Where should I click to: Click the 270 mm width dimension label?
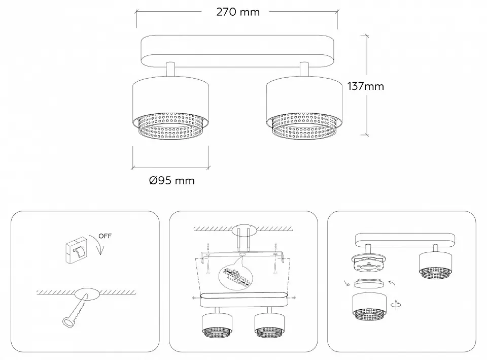[238, 12]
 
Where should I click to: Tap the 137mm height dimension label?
[366, 86]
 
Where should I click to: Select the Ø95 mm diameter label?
[172, 180]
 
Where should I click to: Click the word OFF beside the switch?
[105, 236]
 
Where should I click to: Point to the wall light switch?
[77, 250]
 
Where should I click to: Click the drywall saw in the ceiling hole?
[76, 309]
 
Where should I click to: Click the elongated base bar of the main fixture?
[237, 51]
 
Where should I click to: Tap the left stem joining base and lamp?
[170, 69]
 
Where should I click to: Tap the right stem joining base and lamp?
[304, 69]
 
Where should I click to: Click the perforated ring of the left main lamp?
[170, 126]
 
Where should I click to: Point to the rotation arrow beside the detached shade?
[396, 305]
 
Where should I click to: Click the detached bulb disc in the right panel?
[369, 283]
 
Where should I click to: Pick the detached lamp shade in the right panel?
[370, 306]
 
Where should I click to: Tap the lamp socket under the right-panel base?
[368, 264]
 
